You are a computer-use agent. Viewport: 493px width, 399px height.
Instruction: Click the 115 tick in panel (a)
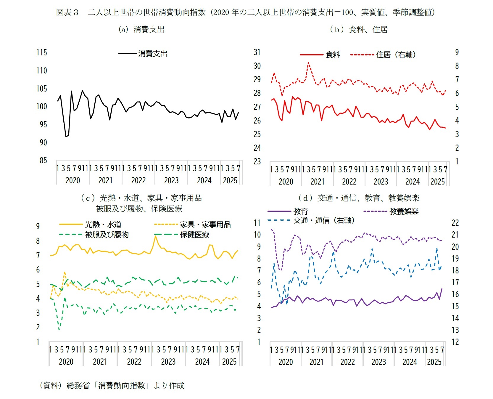coord(42,53)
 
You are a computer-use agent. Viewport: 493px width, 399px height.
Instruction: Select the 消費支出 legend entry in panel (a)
coord(152,54)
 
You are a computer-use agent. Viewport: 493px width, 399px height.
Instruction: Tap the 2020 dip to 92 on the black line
coord(66,136)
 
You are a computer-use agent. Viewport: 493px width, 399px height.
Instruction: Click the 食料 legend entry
coord(333,55)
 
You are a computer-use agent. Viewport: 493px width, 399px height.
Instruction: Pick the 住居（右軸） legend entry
coord(396,55)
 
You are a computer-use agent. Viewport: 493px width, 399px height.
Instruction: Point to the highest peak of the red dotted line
coord(308,63)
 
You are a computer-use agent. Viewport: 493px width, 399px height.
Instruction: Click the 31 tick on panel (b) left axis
coord(257,52)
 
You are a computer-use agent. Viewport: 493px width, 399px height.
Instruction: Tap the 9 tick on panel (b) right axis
coord(457,52)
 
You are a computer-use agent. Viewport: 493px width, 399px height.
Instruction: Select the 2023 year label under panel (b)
coord(381,182)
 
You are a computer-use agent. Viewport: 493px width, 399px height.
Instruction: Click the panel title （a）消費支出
coord(141,30)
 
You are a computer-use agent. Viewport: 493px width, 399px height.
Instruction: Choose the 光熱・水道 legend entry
coord(103,225)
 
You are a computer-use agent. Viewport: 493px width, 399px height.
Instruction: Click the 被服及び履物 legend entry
coord(107,235)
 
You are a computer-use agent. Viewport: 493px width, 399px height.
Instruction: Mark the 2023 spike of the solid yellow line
coord(155,236)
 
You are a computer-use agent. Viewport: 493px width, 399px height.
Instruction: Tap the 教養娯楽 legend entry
coord(404,211)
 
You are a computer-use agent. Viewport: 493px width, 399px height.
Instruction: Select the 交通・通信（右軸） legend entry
coord(324,220)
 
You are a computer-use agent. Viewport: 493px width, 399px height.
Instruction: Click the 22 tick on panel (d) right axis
coord(455,223)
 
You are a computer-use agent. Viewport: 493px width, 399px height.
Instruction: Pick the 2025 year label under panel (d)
coord(434,362)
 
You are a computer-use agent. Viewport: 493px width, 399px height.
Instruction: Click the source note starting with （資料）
coord(112,385)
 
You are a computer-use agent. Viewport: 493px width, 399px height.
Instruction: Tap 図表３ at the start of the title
coord(67,12)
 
